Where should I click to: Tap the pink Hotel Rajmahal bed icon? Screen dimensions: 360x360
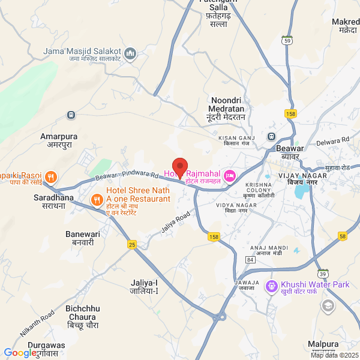pyautogui.click(x=229, y=175)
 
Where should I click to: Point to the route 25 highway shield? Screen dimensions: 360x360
pyautogui.click(x=132, y=244)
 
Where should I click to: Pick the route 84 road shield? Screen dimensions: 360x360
pyautogui.click(x=250, y=259)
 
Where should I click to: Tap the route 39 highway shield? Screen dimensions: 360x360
pyautogui.click(x=323, y=274)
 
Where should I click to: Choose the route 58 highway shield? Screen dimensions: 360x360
pyautogui.click(x=343, y=236)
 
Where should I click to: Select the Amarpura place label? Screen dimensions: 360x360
pyautogui.click(x=59, y=140)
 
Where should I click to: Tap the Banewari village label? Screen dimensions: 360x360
pyautogui.click(x=80, y=238)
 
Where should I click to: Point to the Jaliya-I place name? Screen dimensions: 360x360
pyautogui.click(x=144, y=286)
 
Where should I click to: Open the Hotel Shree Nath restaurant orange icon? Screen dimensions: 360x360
pyautogui.click(x=96, y=199)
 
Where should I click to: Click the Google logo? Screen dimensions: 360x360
pyautogui.click(x=20, y=353)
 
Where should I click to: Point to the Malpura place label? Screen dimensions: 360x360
pyautogui.click(x=323, y=344)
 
